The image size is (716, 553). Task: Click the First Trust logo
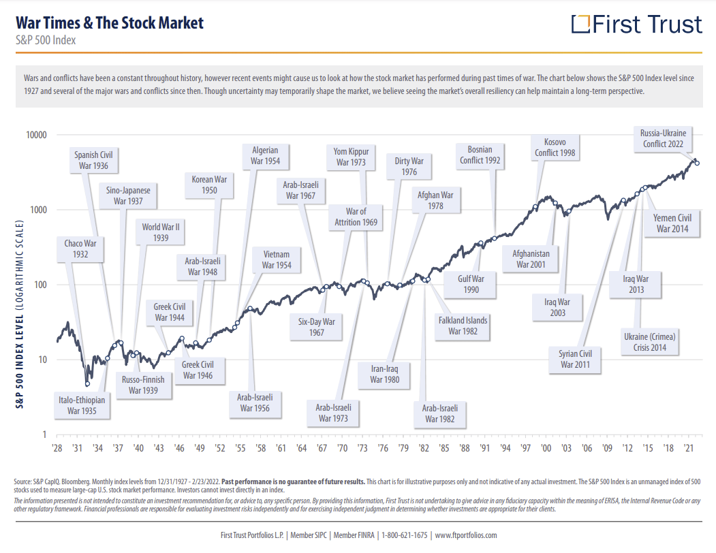point(636,25)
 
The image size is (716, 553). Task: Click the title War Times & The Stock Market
point(110,22)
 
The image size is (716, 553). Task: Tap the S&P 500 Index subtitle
point(45,40)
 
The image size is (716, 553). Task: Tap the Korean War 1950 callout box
point(209,185)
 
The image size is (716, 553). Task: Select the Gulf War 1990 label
point(470,284)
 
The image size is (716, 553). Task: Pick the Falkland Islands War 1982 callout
point(463,326)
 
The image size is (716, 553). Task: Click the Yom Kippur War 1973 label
point(351,157)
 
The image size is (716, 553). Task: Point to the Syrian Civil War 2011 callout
point(576,359)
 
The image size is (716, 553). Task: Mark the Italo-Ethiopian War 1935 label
point(82,406)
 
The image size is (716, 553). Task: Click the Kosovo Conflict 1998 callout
point(555,147)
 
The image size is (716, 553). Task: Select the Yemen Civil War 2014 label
point(672,223)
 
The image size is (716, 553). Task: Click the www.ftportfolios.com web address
point(466,535)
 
